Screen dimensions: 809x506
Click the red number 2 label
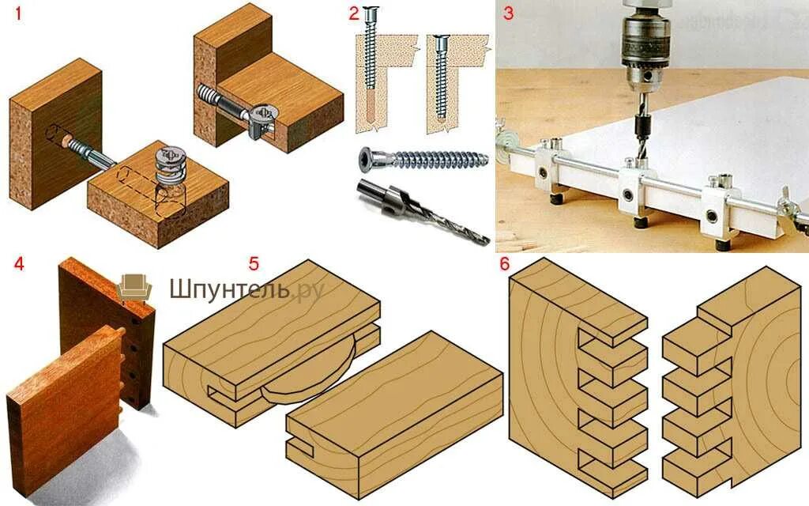[x=353, y=13]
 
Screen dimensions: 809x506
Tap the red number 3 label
[x=508, y=13]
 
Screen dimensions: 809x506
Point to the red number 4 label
[x=19, y=264]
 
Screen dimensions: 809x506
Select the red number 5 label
[x=254, y=263]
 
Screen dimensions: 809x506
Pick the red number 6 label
[x=505, y=264]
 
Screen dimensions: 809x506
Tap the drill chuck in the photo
[x=645, y=47]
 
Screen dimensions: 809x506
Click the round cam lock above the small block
[x=171, y=165]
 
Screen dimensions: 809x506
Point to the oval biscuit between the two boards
[x=307, y=377]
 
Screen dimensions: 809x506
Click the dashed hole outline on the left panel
[x=58, y=135]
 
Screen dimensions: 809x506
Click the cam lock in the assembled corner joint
[x=264, y=122]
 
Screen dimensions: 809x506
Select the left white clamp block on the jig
[x=549, y=168]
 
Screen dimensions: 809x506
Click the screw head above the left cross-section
[x=371, y=13]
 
